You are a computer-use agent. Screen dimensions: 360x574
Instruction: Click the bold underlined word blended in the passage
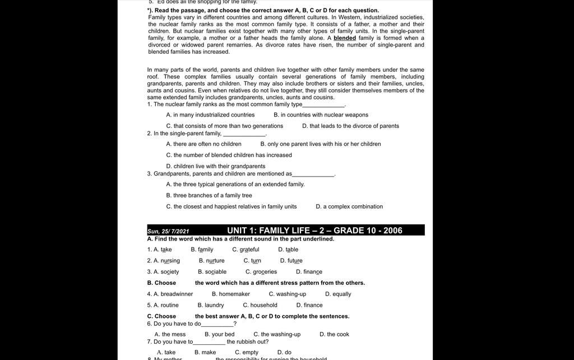[x=345, y=38]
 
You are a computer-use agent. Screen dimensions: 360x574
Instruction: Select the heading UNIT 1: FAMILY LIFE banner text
[x=314, y=230]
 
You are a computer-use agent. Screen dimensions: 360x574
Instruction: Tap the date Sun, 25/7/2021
[x=168, y=231]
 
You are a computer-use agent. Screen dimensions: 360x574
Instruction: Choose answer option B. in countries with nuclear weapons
[x=321, y=115]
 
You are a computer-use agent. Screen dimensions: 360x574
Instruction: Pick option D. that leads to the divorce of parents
[x=350, y=126]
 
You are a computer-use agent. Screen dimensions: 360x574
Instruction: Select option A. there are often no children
[x=203, y=144]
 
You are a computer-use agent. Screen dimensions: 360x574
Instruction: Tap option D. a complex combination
[x=349, y=207]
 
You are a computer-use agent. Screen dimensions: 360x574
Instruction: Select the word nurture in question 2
[x=215, y=261]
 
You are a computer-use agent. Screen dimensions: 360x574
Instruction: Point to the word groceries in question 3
[x=265, y=272]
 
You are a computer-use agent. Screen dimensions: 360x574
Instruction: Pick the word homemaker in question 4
[x=234, y=294]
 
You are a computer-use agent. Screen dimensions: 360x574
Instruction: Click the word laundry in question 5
[x=214, y=306]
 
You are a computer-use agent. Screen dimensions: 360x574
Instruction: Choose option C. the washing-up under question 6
[x=277, y=335]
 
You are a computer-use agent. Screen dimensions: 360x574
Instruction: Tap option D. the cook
[x=334, y=335]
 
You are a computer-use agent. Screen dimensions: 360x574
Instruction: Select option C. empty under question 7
[x=247, y=353]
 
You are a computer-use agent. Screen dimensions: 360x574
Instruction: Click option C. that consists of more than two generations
[x=225, y=126]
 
